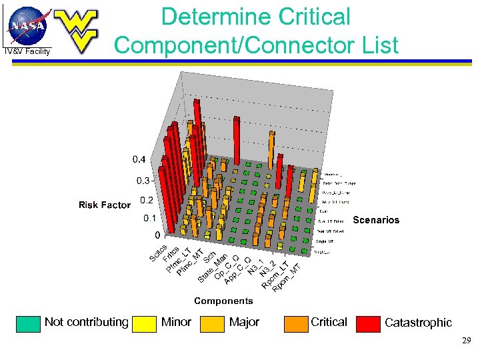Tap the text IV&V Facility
click(x=27, y=51)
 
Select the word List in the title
click(x=375, y=45)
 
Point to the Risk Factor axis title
click(x=104, y=205)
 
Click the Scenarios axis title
click(x=376, y=220)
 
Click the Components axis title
click(x=223, y=301)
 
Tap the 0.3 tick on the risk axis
click(x=143, y=181)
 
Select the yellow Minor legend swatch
click(x=144, y=323)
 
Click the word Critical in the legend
click(x=328, y=322)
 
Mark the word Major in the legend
click(x=244, y=322)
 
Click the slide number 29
click(x=466, y=341)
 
